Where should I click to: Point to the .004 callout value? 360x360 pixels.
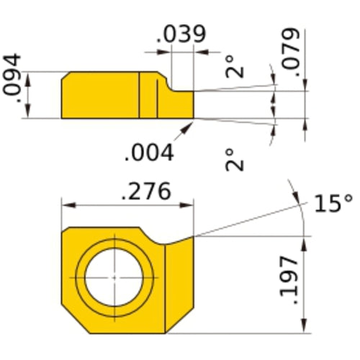pyautogui.click(x=149, y=153)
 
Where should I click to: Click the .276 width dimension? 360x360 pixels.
pyautogui.click(x=145, y=192)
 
